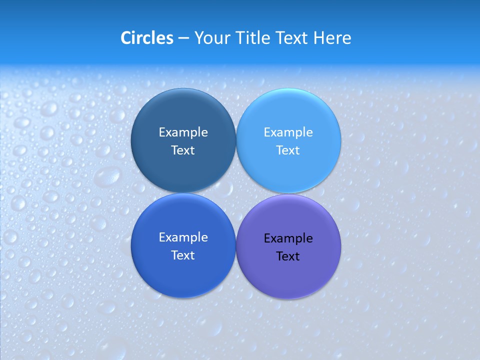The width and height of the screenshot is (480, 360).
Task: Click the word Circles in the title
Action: (x=146, y=38)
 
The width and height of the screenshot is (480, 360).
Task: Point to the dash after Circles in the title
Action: (x=183, y=38)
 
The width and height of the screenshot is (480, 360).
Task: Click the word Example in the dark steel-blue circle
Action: (x=183, y=132)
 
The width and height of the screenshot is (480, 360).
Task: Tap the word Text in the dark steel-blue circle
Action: (x=183, y=150)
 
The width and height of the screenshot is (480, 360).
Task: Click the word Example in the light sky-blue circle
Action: (x=288, y=132)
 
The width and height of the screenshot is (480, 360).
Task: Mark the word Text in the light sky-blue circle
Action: (x=288, y=150)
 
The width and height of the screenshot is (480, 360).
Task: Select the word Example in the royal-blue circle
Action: (x=183, y=237)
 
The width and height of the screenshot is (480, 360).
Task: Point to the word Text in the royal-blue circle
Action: (x=183, y=255)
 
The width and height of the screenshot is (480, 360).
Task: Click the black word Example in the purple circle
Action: (x=288, y=238)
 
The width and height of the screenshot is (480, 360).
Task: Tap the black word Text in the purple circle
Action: (x=288, y=256)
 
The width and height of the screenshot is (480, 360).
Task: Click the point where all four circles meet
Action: (x=236, y=193)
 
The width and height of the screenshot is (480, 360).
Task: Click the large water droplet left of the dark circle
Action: (x=108, y=176)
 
